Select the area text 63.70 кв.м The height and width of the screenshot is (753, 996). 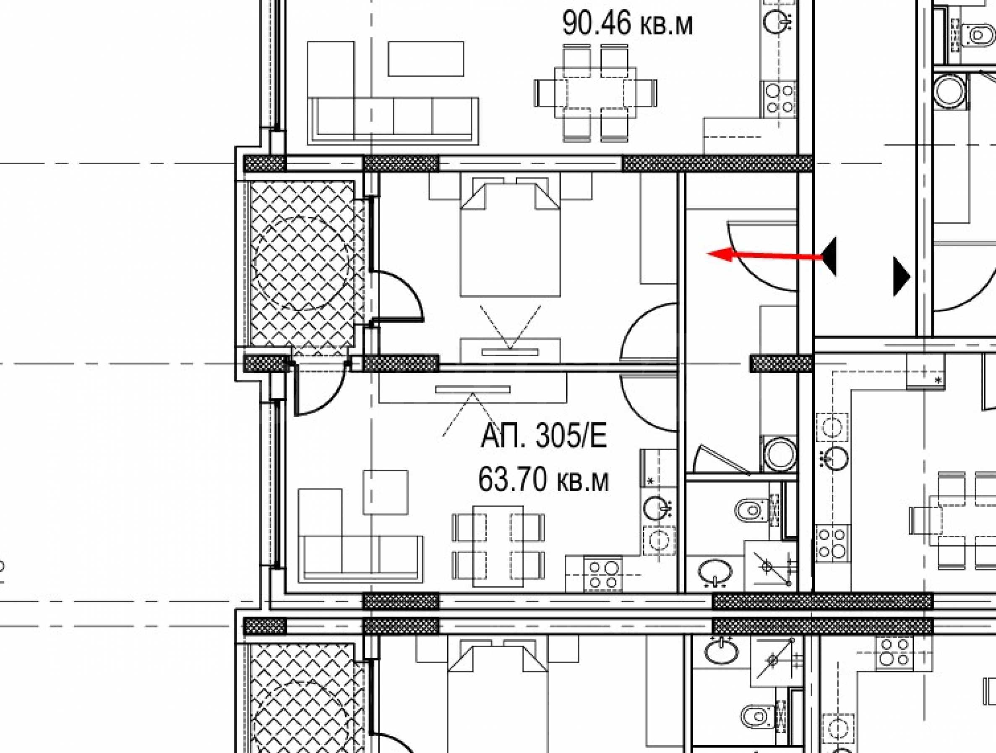click(x=543, y=479)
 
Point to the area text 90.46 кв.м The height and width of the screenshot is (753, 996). click(x=627, y=24)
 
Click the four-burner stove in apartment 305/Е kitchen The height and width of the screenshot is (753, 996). click(x=603, y=574)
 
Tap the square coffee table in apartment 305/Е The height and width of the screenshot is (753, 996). click(x=386, y=492)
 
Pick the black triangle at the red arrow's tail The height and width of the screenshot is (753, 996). click(x=830, y=256)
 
